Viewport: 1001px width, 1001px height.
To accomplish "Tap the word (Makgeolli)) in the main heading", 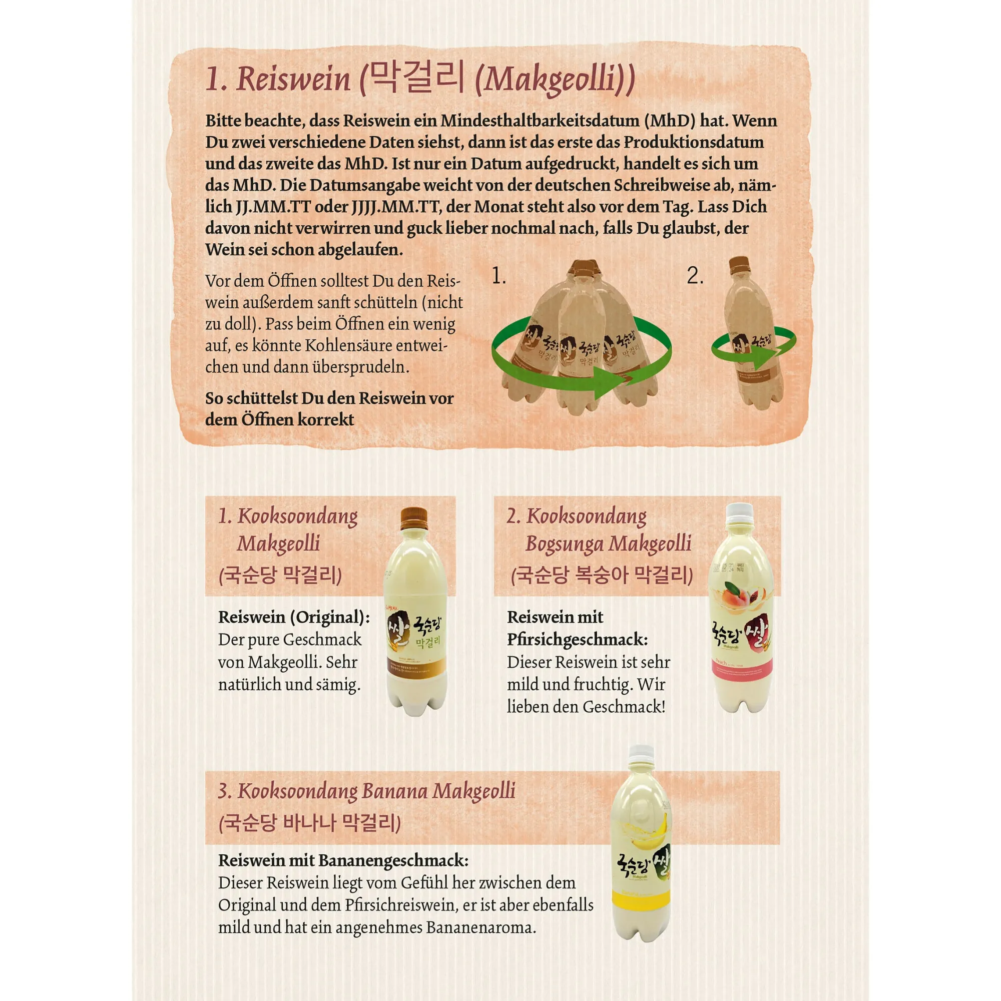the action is [555, 81].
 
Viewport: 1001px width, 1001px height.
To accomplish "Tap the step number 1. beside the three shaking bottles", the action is [498, 276].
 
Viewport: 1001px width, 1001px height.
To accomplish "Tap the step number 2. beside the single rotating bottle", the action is [695, 276].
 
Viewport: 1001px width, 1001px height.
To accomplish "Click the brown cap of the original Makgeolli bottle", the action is [414, 519].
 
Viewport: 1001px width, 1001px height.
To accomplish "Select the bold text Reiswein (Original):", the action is [294, 618].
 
